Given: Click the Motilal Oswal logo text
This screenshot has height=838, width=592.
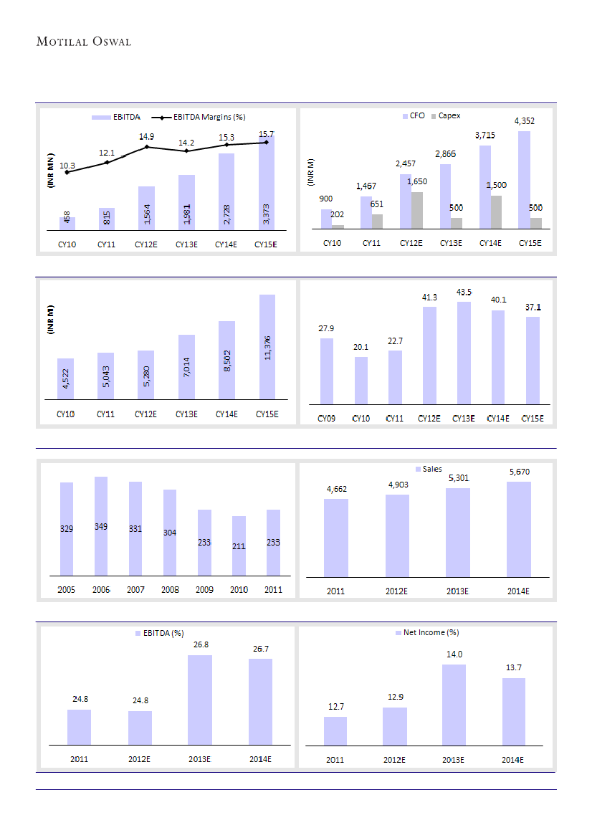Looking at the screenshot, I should (84, 42).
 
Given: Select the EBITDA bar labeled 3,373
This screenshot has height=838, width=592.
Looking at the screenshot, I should (267, 186).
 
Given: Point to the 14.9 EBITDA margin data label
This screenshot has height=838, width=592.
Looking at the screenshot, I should (147, 136).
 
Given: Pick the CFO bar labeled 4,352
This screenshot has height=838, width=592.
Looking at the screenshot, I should (524, 179).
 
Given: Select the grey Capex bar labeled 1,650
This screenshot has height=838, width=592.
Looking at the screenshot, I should (417, 210).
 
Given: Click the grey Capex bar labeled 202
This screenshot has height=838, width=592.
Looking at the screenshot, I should (338, 226).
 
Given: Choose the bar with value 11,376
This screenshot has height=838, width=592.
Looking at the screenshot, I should (267, 346).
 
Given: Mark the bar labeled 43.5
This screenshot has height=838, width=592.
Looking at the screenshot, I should (464, 353).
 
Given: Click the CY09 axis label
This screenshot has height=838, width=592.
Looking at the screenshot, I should (326, 418).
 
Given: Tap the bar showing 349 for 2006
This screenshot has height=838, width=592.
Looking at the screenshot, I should (101, 525).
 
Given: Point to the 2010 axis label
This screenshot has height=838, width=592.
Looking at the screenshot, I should (239, 590).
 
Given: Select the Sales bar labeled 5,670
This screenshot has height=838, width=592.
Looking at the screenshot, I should (518, 528).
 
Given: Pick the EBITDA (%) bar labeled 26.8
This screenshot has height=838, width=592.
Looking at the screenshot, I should (200, 700).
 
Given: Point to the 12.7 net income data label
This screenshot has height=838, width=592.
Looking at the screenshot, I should (335, 707).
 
